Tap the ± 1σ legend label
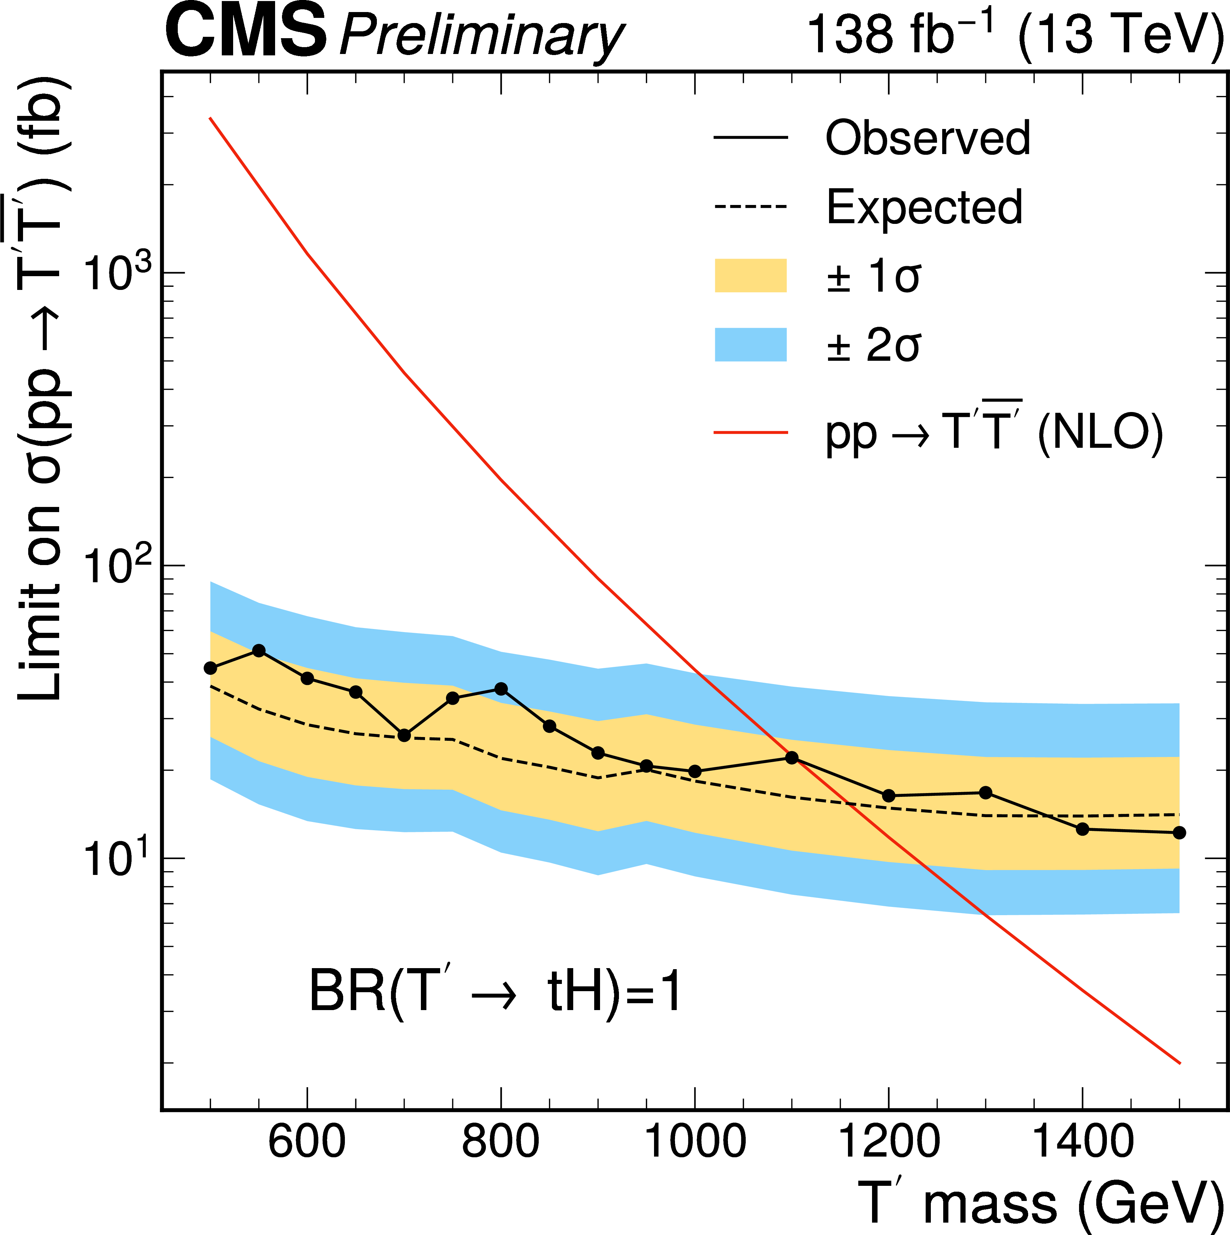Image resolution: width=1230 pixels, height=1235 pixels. coord(873,277)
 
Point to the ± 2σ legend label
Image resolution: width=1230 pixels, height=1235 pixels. coord(873,346)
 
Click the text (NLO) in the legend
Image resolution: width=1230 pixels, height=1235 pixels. coord(1100,434)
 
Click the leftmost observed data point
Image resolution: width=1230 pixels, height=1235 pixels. coord(210,668)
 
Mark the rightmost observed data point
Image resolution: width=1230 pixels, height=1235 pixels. coord(1179,832)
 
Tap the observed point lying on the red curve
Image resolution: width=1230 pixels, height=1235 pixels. coord(792,758)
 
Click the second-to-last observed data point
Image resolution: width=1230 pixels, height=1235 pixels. coord(1082,829)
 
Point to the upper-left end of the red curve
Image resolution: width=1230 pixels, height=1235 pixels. coord(210,118)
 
